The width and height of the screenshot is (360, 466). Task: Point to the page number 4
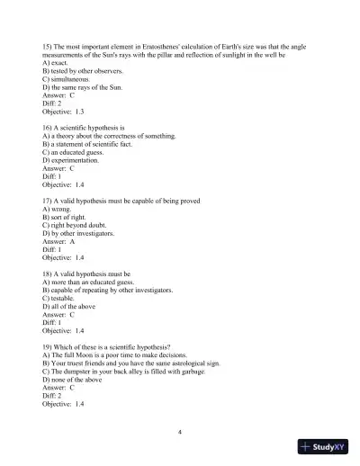pyautogui.click(x=180, y=432)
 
